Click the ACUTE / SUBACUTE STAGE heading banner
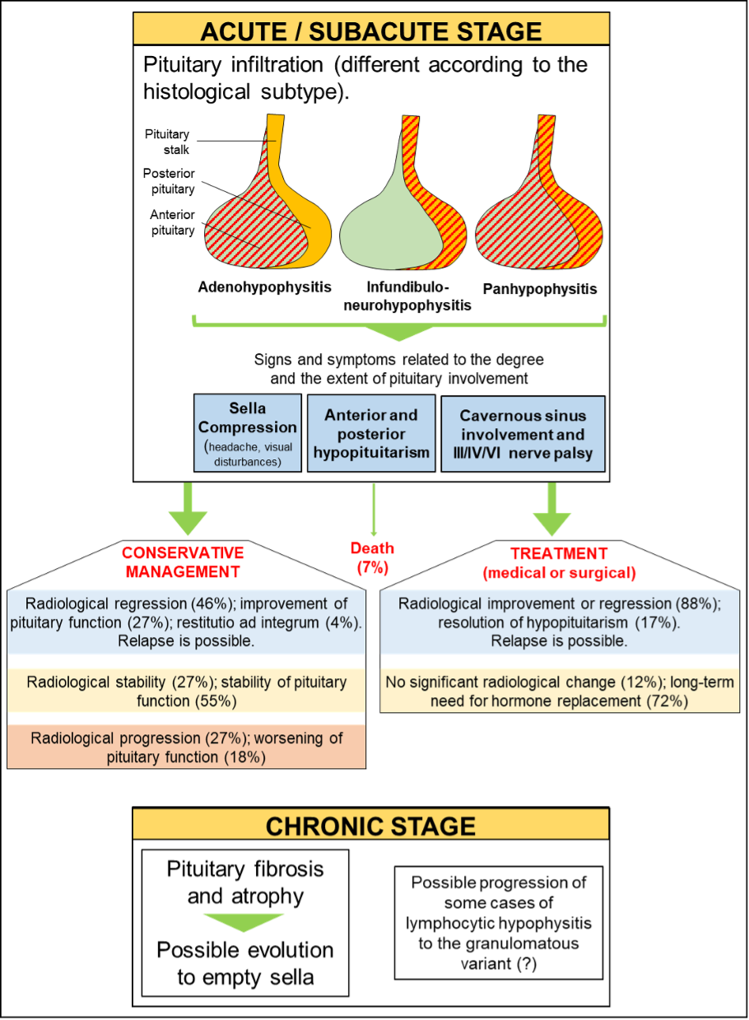coord(370,30)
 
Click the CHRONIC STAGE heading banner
coord(370,825)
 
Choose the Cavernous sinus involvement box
coord(523,434)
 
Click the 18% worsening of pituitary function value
coord(244,756)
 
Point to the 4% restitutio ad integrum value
coord(342,622)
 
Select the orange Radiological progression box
coord(186,747)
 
